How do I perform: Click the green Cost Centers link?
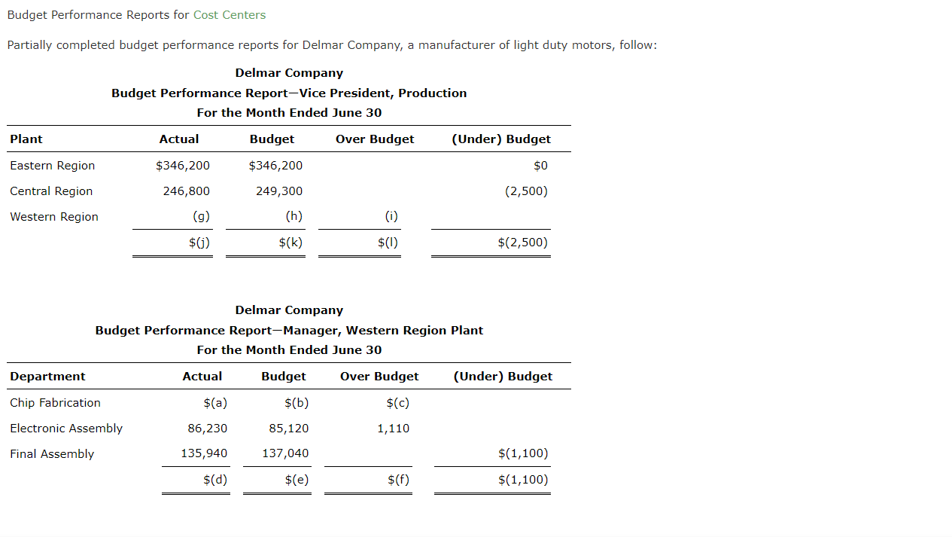pos(230,15)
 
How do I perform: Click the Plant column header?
pos(26,139)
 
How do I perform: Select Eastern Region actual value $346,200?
pos(183,166)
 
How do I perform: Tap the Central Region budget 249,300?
pos(279,191)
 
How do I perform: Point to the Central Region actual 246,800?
pos(187,191)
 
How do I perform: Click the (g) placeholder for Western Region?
pos(201,217)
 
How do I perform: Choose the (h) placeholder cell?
pos(294,217)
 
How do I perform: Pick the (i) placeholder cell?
pos(391,217)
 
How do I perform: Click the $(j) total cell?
pos(199,243)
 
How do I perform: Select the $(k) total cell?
pos(290,243)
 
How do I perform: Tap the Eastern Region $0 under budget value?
pos(540,166)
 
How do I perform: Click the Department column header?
pos(47,377)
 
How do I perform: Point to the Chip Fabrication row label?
pos(55,403)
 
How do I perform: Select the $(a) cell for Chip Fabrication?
pos(215,403)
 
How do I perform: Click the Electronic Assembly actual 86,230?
pos(208,429)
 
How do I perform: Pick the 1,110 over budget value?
pos(394,429)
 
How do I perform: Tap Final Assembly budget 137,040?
pos(285,454)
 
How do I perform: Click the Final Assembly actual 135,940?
pos(204,454)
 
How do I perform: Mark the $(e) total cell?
pos(297,480)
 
